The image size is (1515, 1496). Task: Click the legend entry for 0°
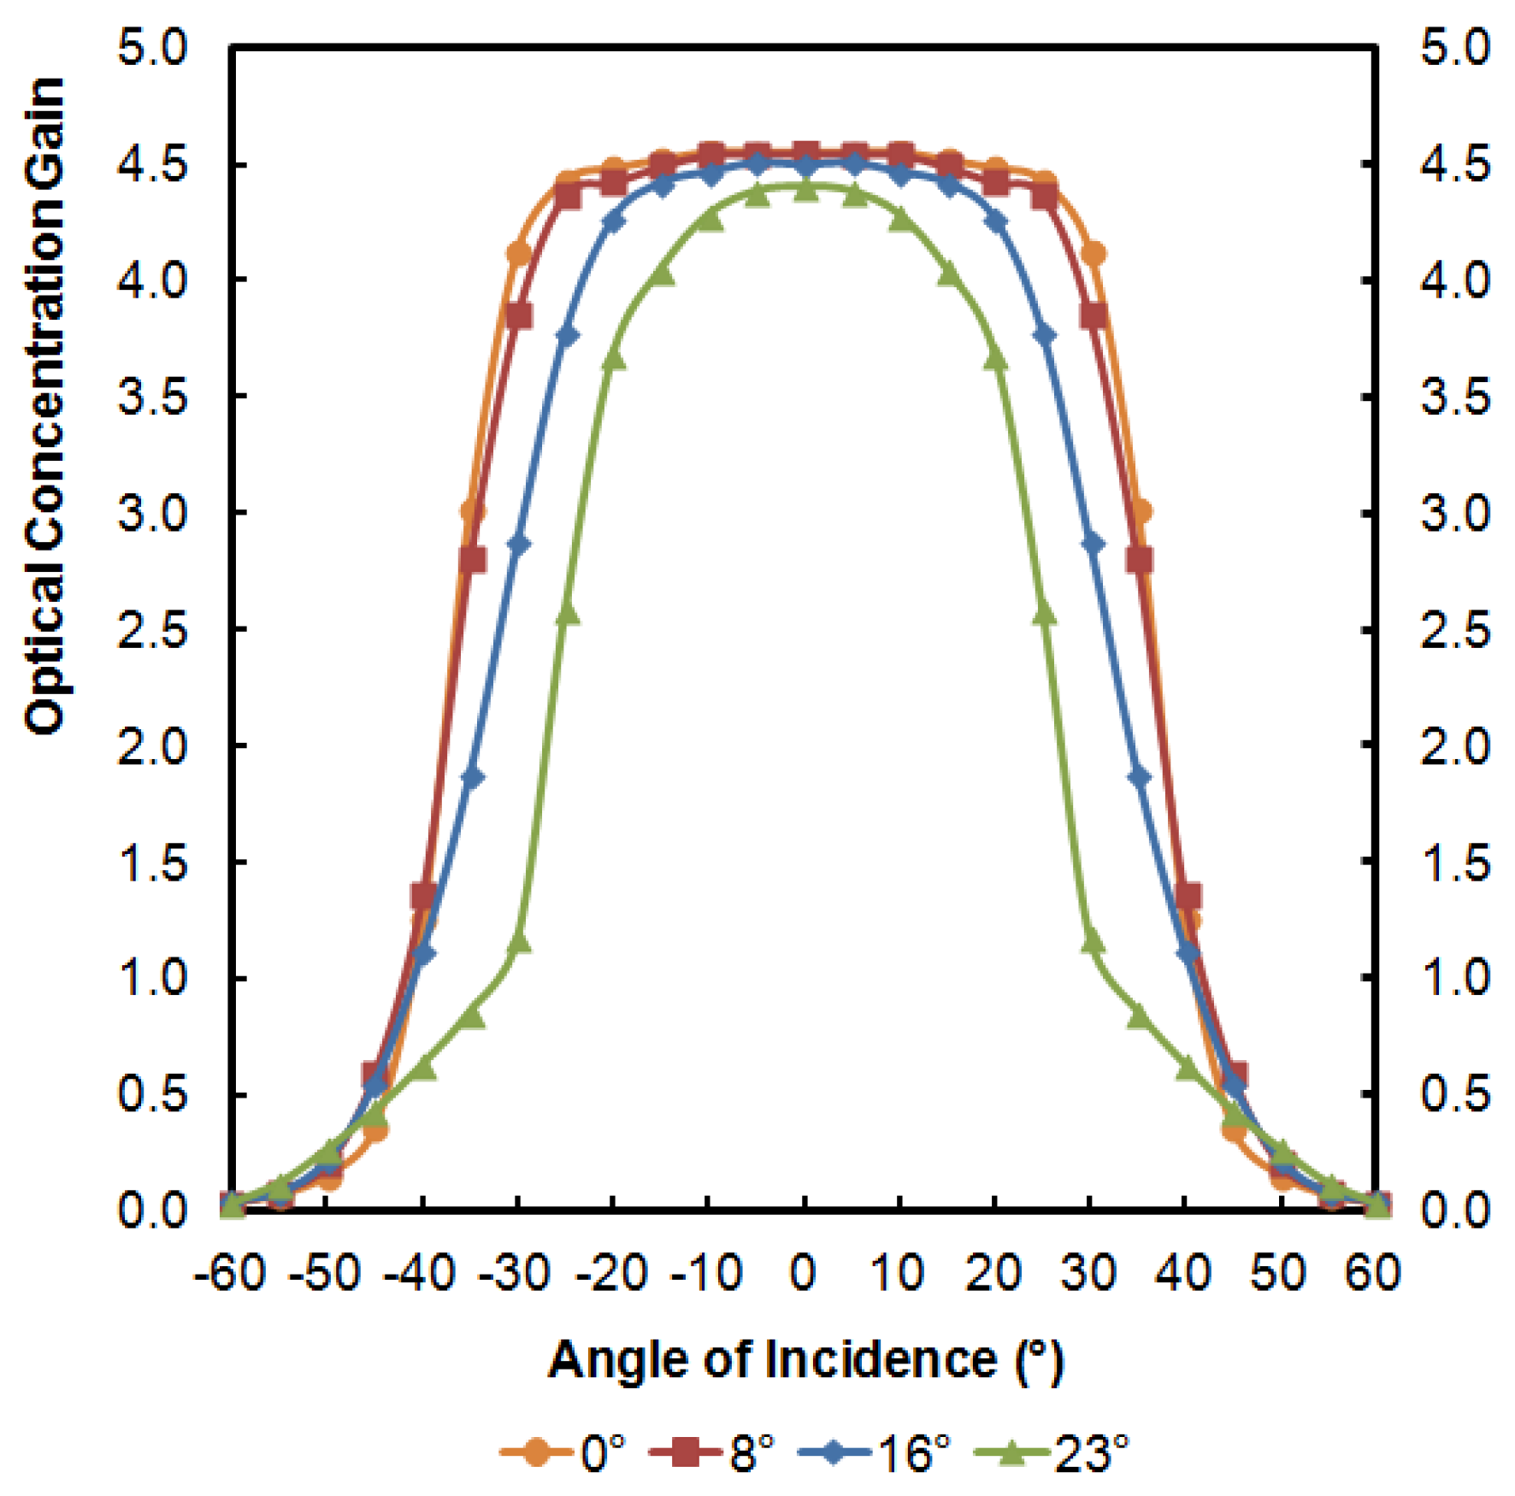coord(564,1452)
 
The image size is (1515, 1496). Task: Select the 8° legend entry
coord(714,1452)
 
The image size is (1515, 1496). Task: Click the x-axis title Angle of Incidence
coord(805,1359)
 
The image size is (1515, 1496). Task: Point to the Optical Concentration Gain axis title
coord(44,406)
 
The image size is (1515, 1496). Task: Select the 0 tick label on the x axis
coord(803,1273)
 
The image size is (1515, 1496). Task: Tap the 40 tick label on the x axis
coord(1183,1273)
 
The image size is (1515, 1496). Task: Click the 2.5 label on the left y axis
coord(151,630)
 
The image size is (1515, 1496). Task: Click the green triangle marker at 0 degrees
coord(805,190)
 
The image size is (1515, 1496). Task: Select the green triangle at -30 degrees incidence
coord(519,943)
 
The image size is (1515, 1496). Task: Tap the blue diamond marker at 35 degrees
coord(1139,777)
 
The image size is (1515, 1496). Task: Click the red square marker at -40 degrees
coord(424,896)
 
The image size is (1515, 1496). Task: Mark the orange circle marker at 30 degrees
coord(1093,253)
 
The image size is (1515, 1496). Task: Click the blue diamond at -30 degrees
coord(519,545)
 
